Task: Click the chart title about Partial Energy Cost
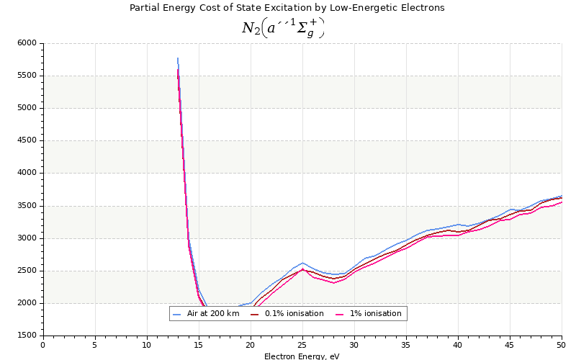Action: point(287,8)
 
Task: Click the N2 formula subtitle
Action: point(283,28)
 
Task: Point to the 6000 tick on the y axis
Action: point(27,43)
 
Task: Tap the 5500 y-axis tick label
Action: point(27,76)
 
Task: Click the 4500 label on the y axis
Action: point(27,141)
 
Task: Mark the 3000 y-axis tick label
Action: point(27,238)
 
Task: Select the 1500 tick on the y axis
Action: point(27,336)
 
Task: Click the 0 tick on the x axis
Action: point(43,345)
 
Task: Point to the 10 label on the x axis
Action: point(147,345)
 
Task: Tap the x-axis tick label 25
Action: point(302,345)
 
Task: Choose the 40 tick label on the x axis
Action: point(458,345)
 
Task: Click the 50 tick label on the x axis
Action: point(561,345)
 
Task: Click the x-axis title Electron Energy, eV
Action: point(302,356)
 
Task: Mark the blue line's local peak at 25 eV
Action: point(302,263)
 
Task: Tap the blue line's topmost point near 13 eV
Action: point(178,58)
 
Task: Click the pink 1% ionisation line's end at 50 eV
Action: point(562,202)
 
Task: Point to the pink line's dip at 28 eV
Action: point(333,283)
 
